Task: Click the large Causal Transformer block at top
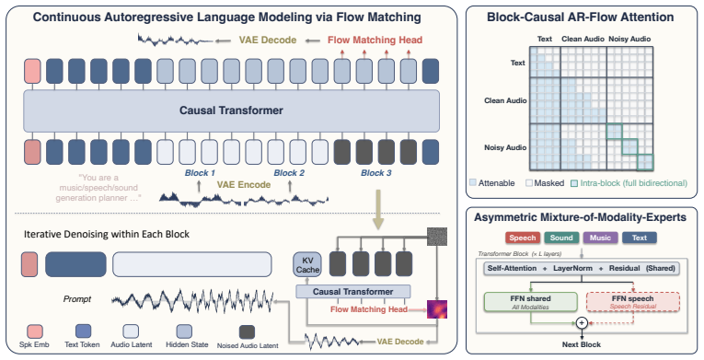coord(231,110)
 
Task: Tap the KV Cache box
coord(307,265)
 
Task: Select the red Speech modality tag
coord(523,238)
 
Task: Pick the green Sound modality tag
coord(561,238)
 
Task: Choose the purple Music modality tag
coord(600,238)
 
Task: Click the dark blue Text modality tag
coord(640,238)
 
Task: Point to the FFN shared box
coord(530,302)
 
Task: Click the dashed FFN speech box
coord(632,302)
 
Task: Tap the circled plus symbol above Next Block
coord(582,322)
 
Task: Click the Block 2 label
coord(289,173)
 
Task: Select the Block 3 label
coord(376,173)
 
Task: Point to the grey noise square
coord(437,237)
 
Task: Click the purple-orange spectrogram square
coord(437,309)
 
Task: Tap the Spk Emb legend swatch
coord(35,331)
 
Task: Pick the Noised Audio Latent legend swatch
coord(247,331)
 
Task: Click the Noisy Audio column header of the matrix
coord(629,39)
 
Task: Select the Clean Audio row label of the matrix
coord(505,100)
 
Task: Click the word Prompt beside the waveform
coord(76,299)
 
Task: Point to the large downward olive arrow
coord(378,209)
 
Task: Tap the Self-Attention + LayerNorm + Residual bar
coord(582,269)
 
